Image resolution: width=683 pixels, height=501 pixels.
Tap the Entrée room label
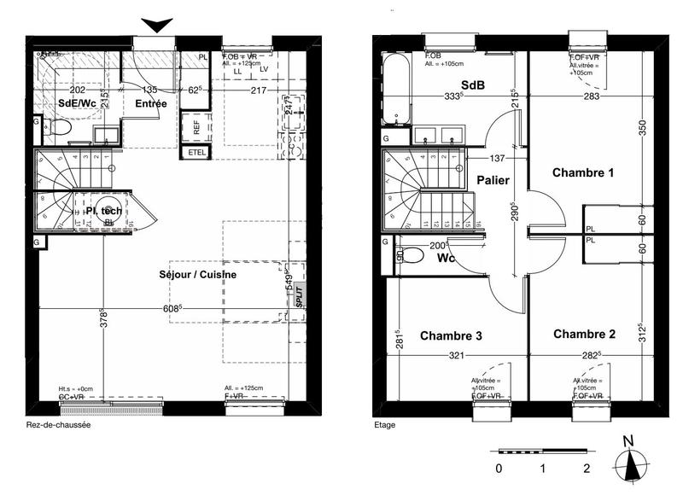pos(151,103)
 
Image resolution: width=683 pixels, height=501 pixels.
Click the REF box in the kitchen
pos(196,128)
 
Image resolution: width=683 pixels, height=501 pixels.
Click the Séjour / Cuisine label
pos(197,275)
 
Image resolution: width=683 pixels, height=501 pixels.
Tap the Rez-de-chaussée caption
pos(58,424)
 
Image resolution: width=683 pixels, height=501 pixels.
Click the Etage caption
pos(385,424)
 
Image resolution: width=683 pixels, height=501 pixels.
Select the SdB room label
pos(473,86)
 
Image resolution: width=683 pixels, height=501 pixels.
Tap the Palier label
pos(493,180)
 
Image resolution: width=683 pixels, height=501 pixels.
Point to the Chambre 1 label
pos(583,172)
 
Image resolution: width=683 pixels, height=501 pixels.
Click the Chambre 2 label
pos(583,333)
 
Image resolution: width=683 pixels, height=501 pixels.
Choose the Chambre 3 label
pos(451,336)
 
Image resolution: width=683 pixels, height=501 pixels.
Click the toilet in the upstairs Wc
pos(412,256)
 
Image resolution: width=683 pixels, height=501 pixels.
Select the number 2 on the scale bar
pos(587,469)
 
